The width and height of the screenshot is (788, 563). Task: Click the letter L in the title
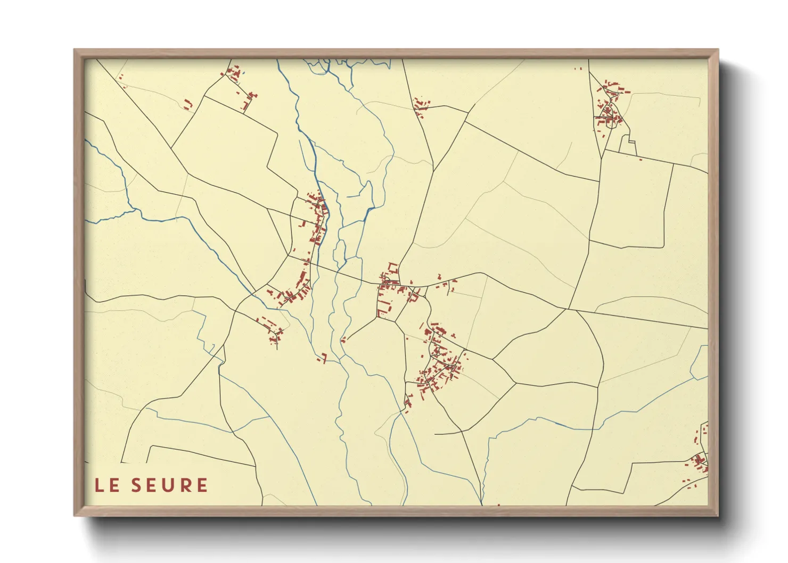tap(100, 485)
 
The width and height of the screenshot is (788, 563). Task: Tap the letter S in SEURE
tap(137, 485)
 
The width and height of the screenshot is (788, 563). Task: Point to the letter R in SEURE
tap(186, 485)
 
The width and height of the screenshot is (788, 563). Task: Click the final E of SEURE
tap(202, 485)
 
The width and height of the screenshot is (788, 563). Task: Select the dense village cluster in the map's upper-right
tap(609, 106)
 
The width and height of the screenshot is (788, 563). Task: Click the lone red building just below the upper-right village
tap(640, 159)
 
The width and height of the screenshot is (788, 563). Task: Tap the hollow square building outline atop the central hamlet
tap(393, 267)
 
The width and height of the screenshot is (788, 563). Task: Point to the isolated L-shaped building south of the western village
tap(323, 358)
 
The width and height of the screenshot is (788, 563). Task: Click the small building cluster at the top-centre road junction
tap(421, 106)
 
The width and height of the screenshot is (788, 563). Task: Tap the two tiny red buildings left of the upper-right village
tap(578, 68)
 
